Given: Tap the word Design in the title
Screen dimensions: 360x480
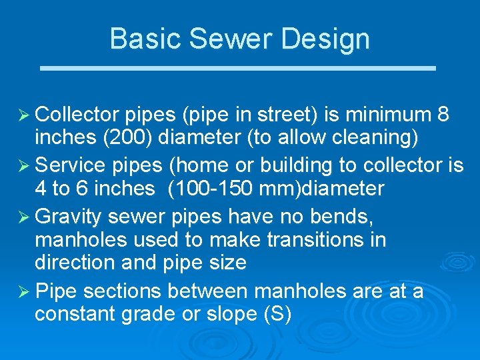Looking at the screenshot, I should pos(325,38).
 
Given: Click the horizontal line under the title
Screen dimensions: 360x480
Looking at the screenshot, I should pos(239,68).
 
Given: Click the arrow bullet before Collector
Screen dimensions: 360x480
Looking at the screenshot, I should pos(22,115).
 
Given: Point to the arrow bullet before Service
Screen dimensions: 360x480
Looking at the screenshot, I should pos(22,165).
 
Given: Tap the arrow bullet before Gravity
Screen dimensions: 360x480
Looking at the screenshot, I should pos(22,216).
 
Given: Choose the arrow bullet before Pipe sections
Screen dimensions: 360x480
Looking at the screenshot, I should pos(22,291).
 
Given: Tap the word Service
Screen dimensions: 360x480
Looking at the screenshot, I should pos(69,165).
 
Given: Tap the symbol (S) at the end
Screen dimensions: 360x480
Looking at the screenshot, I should pos(279,314).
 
